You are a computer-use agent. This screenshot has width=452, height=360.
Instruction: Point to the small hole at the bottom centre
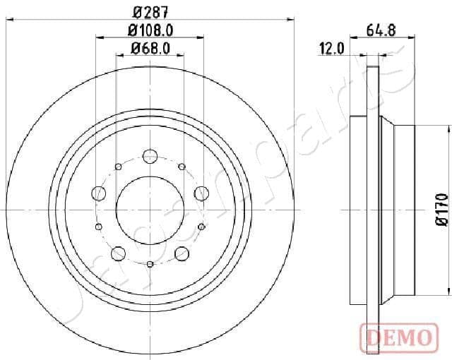pos(150,265)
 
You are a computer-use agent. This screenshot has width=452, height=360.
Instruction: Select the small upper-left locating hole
pos(117,167)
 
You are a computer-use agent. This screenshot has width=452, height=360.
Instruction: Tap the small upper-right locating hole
pos(182,167)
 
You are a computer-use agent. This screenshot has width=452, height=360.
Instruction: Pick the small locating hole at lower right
pos(201,226)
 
